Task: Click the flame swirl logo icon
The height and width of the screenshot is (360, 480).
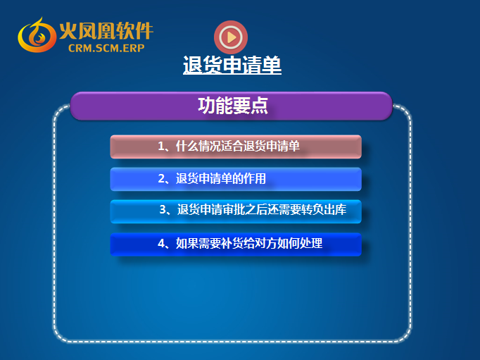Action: [x=37, y=35]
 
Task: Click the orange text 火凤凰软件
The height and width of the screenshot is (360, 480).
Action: [x=106, y=30]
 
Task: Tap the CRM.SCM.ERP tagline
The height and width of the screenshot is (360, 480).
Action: [x=106, y=48]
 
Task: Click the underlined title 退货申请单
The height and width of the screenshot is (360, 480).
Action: [x=232, y=65]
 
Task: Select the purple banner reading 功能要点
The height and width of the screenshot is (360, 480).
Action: [x=231, y=106]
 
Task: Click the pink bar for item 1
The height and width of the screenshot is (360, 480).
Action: [x=236, y=147]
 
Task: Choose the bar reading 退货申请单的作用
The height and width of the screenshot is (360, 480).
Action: [x=236, y=179]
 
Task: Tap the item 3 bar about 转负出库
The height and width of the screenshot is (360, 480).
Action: [x=236, y=211]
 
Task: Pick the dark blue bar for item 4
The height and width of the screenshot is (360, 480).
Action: [x=236, y=244]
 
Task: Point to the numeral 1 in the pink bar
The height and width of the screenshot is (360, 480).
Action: [x=161, y=146]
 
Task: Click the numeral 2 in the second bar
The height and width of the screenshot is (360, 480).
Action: [x=161, y=179]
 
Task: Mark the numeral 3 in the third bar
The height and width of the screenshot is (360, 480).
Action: [x=163, y=210]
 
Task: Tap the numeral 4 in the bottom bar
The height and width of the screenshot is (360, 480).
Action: [x=161, y=244]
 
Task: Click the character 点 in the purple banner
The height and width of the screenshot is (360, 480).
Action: [x=259, y=106]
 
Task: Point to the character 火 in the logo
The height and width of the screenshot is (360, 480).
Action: [x=68, y=30]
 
